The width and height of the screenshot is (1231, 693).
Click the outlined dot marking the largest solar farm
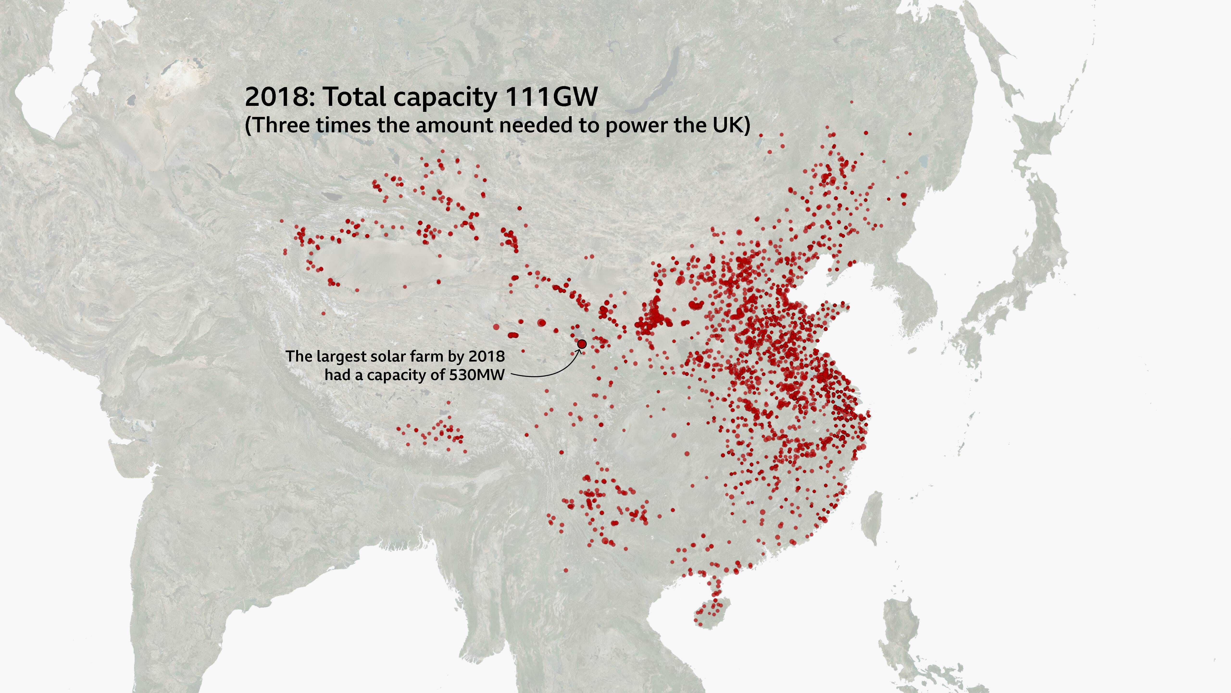pyautogui.click(x=581, y=344)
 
